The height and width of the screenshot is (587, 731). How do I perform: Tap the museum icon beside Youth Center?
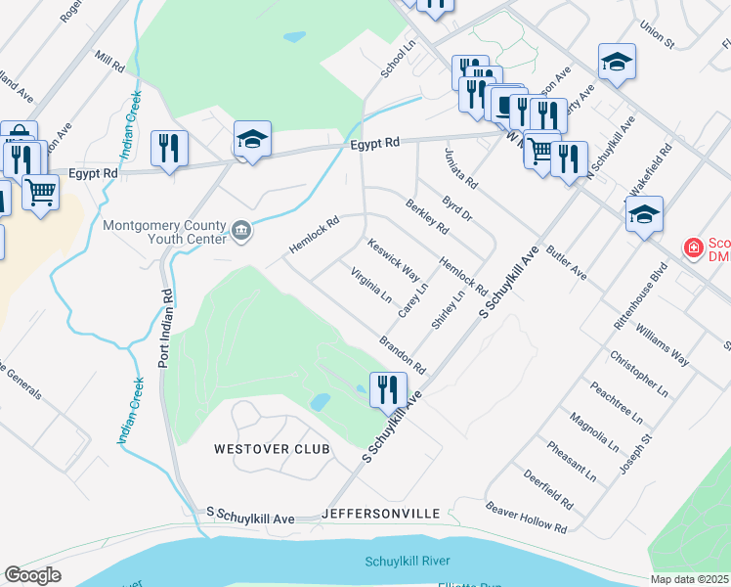[x=240, y=232]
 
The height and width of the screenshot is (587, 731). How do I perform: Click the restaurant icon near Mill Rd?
[x=169, y=148]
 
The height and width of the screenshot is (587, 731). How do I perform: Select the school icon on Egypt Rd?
[x=252, y=139]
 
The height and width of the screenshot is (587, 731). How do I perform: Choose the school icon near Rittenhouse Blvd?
[x=644, y=214]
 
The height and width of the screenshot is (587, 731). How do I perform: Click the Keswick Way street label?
[x=393, y=259]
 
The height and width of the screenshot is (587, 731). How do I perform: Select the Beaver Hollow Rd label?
[x=527, y=518]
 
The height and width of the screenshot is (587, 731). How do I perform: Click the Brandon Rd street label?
[x=403, y=354]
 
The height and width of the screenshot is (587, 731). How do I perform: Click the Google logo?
[x=32, y=575]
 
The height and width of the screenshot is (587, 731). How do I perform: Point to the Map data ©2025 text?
[x=690, y=579]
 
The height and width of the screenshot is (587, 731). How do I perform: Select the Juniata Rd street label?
[x=460, y=168]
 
